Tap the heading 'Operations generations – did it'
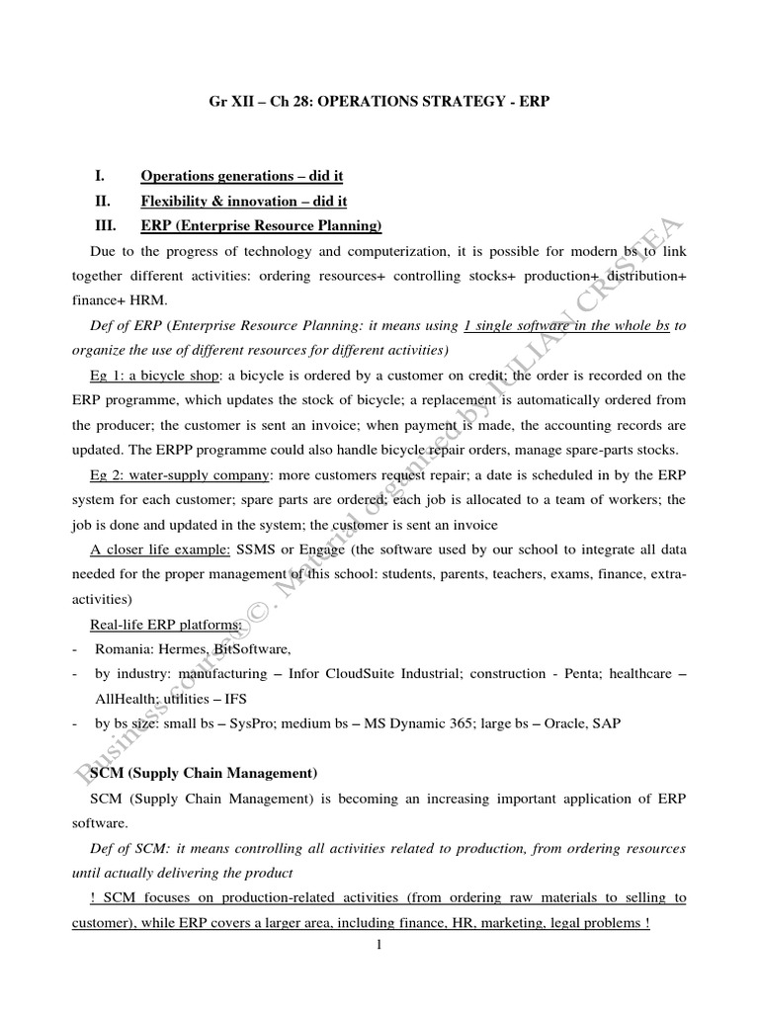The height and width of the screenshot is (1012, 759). [241, 176]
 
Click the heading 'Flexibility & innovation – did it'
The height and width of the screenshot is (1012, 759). [243, 202]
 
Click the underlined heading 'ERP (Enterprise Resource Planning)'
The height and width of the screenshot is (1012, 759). [261, 226]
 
